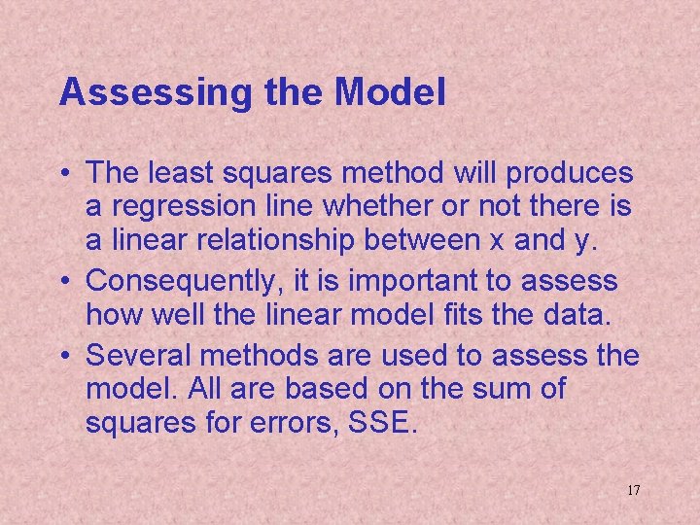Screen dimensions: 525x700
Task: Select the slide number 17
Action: (633, 490)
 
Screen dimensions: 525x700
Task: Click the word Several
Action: (134, 354)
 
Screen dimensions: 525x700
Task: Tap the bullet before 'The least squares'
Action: (64, 175)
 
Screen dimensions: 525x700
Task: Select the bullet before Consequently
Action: (64, 282)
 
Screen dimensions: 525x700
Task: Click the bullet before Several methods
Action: (64, 354)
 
